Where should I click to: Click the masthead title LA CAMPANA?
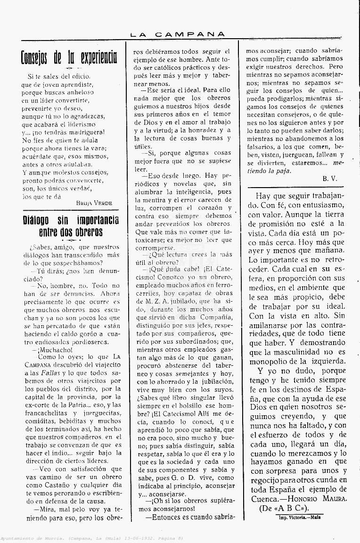(x=178, y=34)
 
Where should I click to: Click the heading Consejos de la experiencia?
(x=69, y=58)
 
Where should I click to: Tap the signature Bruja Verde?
(x=94, y=203)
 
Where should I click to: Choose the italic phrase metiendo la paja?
(x=315, y=167)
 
